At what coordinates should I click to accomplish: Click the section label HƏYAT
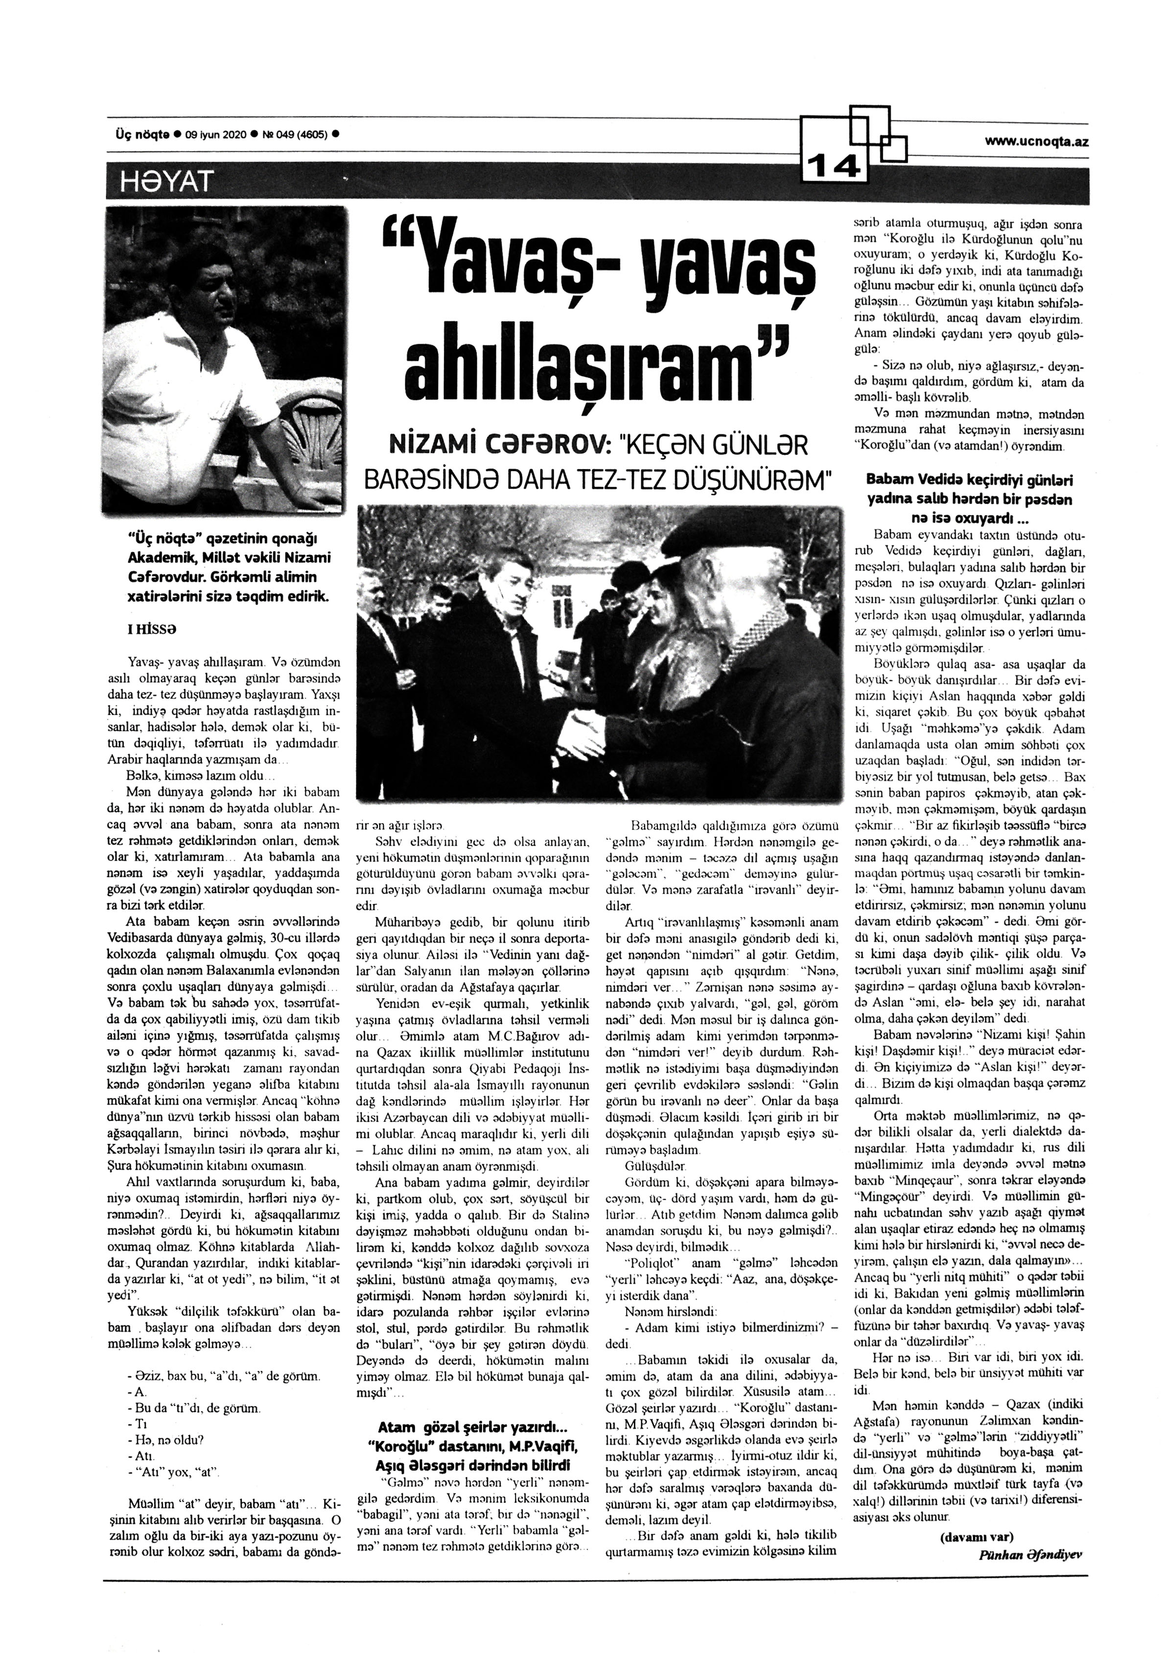(x=161, y=182)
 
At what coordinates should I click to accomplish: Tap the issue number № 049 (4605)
(x=292, y=135)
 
